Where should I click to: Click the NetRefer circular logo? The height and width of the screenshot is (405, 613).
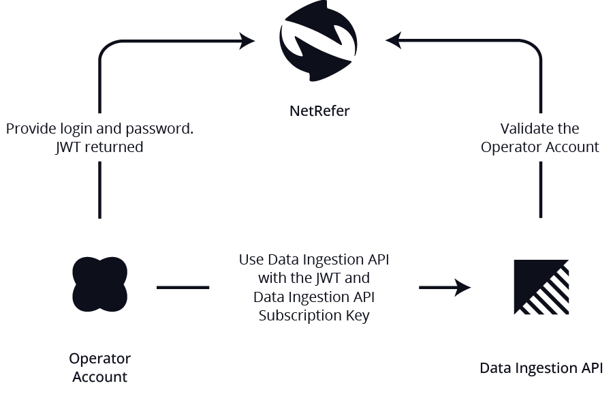click(x=318, y=41)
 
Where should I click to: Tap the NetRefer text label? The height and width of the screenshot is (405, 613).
click(x=319, y=110)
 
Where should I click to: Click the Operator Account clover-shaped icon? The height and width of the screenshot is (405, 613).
click(x=99, y=284)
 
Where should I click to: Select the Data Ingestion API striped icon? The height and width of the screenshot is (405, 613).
click(x=541, y=287)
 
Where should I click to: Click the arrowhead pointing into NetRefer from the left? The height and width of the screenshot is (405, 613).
click(x=247, y=42)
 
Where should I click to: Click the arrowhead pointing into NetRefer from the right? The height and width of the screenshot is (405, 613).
click(x=394, y=41)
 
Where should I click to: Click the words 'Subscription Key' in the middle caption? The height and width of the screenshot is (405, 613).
click(x=314, y=316)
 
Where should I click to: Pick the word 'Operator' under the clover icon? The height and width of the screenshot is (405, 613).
click(x=99, y=359)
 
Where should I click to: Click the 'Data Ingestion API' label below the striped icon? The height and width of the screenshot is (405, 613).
click(x=541, y=368)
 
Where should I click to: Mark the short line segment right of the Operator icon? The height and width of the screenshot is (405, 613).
click(x=183, y=288)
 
